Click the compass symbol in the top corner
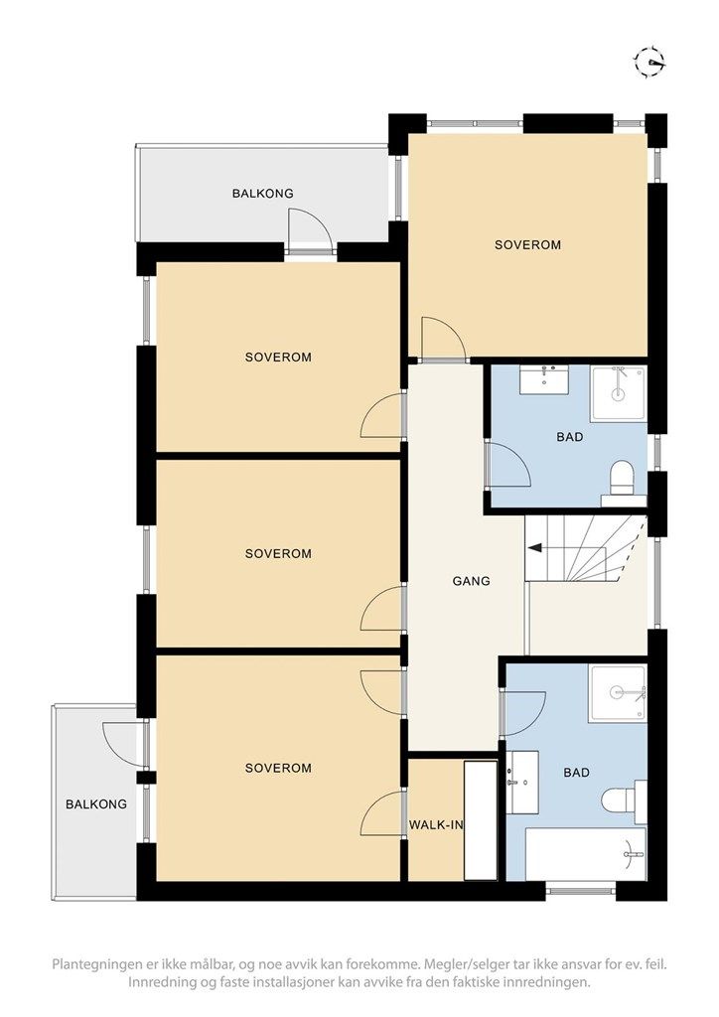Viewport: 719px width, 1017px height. point(649,63)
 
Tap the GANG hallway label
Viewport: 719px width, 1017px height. point(472,581)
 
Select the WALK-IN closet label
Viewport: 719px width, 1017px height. point(436,825)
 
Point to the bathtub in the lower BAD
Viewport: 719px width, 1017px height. point(586,853)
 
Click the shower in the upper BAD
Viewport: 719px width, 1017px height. point(618,393)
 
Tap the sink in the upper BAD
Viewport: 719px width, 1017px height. point(544,378)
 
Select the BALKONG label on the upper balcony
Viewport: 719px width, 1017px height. point(262,194)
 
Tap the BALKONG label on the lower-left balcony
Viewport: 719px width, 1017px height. point(96,804)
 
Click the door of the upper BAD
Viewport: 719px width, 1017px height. point(509,465)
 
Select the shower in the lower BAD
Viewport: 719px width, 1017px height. point(618,692)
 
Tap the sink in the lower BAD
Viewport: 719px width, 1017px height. point(522,783)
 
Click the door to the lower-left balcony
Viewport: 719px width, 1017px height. point(124,744)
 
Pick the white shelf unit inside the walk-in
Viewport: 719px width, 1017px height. point(481,820)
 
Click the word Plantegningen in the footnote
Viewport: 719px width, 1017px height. point(92,963)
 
